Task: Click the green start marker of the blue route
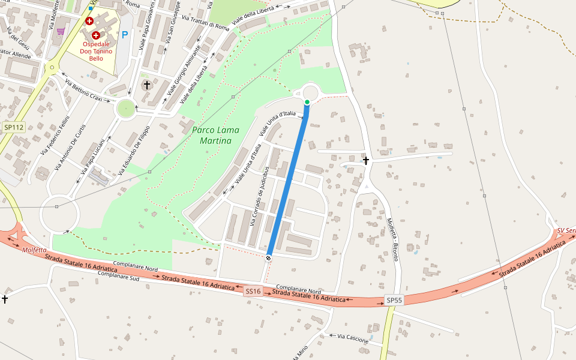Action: click(307, 103)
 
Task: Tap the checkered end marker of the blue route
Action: click(268, 258)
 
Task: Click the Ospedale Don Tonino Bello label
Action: click(95, 51)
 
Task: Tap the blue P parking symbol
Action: click(125, 35)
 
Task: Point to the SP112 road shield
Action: click(13, 127)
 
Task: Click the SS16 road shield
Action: click(253, 292)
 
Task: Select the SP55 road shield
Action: click(394, 300)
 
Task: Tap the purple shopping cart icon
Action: click(61, 31)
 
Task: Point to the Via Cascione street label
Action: click(353, 339)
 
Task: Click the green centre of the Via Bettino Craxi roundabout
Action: click(126, 109)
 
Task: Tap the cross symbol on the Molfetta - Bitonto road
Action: click(365, 161)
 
